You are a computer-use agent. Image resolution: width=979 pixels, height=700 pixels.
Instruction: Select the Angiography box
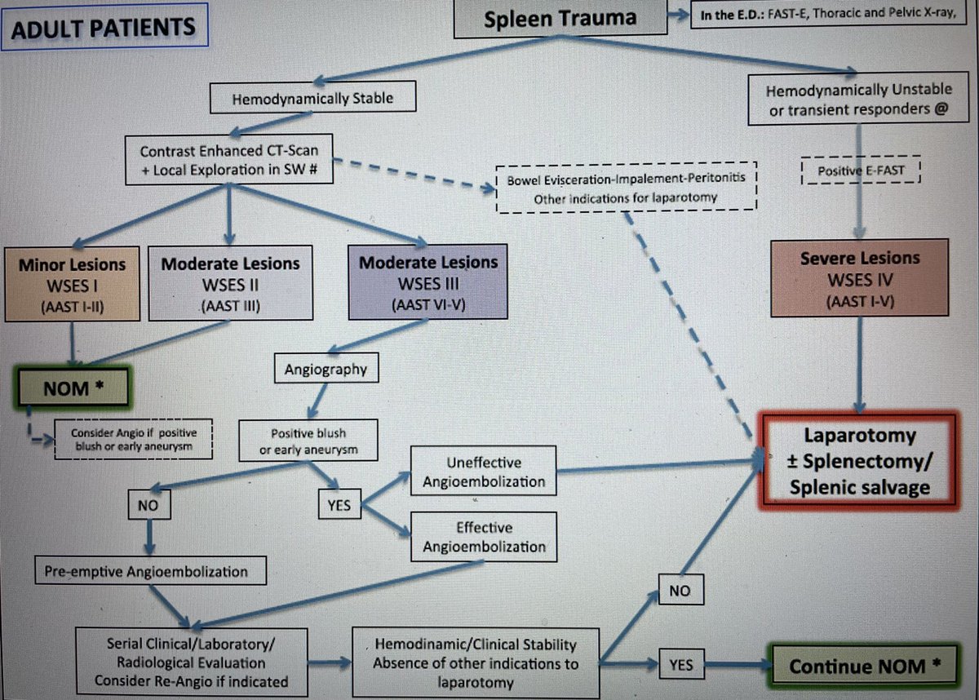pyautogui.click(x=326, y=370)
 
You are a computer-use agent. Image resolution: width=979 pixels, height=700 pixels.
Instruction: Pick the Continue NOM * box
pyautogui.click(x=864, y=666)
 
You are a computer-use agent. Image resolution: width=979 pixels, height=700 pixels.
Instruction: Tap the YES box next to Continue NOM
pyautogui.click(x=682, y=666)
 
